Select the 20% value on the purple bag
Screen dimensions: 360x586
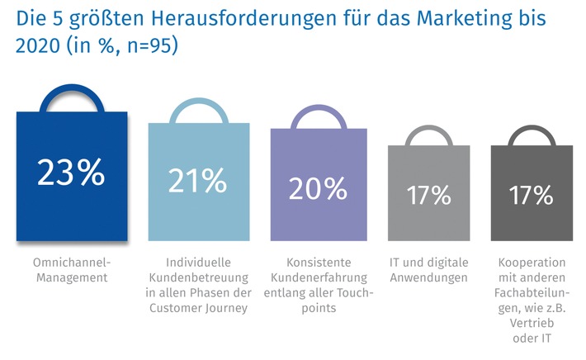pos(318,189)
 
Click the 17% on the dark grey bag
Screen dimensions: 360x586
pos(531,196)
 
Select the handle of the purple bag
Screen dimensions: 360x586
pos(318,116)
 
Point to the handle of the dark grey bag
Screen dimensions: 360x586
pos(531,132)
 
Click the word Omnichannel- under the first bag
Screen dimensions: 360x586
pos(71,262)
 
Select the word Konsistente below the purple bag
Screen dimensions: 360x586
pos(318,262)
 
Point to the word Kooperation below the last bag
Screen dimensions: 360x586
pos(531,262)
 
